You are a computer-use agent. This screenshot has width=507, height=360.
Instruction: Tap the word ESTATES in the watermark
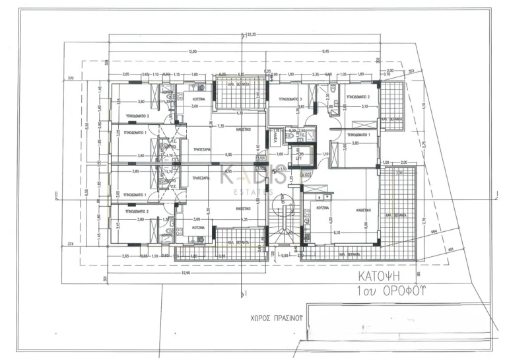(x=253, y=192)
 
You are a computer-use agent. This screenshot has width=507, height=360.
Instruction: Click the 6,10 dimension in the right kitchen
(x=337, y=232)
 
